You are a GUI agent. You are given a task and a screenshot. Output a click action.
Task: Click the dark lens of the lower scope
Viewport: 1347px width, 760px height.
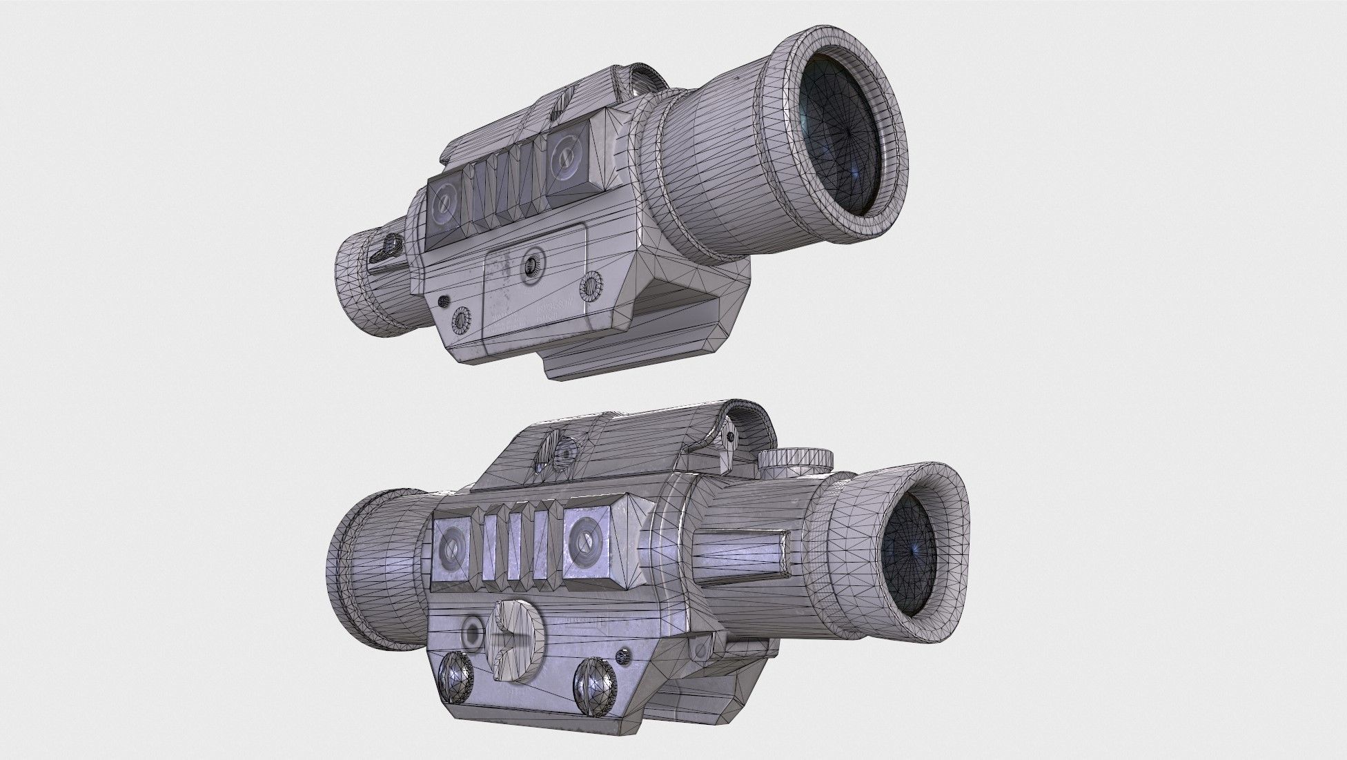point(911,547)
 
